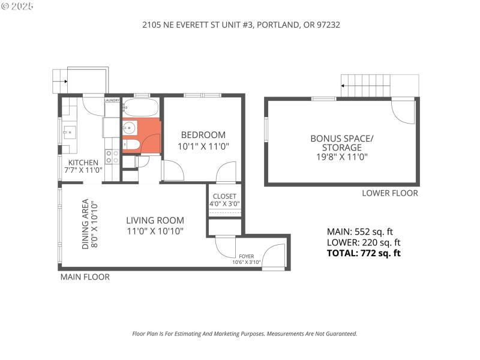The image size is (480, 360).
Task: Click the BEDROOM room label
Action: (203, 135)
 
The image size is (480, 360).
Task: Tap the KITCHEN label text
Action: (83, 163)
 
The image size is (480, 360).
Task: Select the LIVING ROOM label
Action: (155, 220)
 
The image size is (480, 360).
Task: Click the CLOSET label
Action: (224, 196)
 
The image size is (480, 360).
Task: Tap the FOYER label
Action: (247, 256)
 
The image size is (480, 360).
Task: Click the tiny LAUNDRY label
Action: (112, 100)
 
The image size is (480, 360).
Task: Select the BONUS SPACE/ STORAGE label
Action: (341, 143)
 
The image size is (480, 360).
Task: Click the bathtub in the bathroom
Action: (141, 109)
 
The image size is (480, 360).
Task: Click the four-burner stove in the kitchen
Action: (112, 157)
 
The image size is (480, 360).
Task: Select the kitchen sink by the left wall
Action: (68, 132)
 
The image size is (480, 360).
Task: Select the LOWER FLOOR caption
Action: (390, 193)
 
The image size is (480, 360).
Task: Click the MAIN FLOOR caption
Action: (85, 277)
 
